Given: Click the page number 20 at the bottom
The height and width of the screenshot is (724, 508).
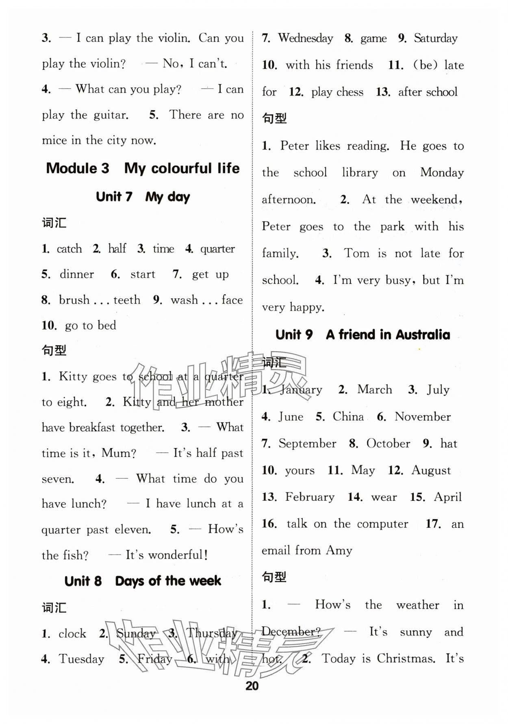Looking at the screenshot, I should tap(252, 686).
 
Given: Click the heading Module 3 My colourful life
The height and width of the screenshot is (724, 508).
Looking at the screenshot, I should tap(143, 168).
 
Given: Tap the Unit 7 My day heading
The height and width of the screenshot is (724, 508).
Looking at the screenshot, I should tap(143, 197).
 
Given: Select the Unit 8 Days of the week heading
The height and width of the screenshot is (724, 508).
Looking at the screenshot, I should tap(143, 581).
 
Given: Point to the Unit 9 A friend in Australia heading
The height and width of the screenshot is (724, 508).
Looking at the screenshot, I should tap(363, 335).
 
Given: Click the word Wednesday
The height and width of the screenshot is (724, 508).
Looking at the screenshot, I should tap(306, 38).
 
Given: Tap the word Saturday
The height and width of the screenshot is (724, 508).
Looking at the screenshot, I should tap(436, 38).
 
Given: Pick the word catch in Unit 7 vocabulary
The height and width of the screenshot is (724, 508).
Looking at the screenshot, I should tap(69, 249).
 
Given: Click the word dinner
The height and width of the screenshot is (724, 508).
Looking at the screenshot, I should tap(77, 274).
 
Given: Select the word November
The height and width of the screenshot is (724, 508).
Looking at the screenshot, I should tap(423, 417).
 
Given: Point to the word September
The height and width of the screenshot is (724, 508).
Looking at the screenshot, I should tap(307, 444).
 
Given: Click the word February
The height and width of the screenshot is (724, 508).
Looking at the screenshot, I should tap(310, 497).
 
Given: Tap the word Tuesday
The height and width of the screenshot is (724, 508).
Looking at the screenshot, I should tap(81, 659).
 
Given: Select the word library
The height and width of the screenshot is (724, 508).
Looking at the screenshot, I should tap(360, 172).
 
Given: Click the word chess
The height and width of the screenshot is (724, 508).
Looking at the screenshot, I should tap(350, 92).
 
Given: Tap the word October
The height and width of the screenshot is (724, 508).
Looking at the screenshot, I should tap(388, 444).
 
